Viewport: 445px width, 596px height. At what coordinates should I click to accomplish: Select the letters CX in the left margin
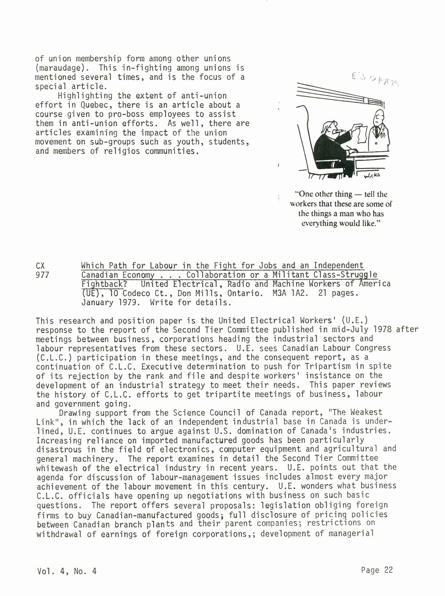coord(41,266)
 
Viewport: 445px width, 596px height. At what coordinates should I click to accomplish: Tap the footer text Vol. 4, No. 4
coord(67,571)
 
